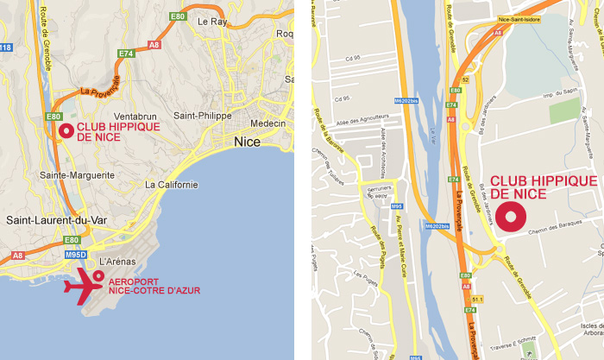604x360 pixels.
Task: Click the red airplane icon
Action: coord(85,286)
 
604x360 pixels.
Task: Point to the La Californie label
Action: coord(172,185)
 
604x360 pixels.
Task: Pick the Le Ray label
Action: coord(211,20)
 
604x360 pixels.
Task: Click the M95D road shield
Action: coord(77,255)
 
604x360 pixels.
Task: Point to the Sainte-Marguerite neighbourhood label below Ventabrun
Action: coord(78,175)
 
